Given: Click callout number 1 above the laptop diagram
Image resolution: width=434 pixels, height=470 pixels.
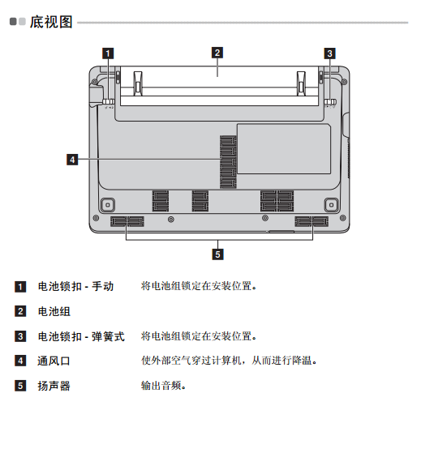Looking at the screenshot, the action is click(108, 53).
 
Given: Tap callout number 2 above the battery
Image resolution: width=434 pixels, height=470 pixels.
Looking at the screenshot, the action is click(217, 53).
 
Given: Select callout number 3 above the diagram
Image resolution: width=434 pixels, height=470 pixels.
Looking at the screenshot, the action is click(329, 53).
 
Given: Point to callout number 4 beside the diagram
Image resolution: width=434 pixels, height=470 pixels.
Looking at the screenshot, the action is click(72, 160).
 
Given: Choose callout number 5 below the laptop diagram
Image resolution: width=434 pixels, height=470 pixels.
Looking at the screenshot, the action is click(217, 254).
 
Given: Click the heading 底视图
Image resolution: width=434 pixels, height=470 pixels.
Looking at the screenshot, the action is click(51, 22).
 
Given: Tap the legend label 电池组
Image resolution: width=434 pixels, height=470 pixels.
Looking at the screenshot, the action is click(54, 311).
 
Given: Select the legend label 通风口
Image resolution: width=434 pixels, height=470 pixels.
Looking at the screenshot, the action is click(54, 361).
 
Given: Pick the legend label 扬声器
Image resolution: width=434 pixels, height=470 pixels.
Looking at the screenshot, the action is click(54, 386).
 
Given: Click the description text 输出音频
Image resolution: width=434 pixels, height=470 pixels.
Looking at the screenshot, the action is click(163, 386).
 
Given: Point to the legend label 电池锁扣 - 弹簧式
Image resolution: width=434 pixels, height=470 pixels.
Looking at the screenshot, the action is click(81, 336).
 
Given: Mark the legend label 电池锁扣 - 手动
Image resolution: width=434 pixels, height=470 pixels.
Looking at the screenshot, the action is click(75, 286).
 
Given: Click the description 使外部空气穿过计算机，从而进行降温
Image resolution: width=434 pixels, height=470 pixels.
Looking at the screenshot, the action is click(229, 361).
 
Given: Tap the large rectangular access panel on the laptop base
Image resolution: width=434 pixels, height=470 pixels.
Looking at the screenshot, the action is click(284, 148).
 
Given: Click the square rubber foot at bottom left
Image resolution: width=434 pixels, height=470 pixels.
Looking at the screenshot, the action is click(108, 205).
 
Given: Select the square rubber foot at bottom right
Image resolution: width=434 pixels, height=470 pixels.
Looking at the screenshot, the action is click(331, 205).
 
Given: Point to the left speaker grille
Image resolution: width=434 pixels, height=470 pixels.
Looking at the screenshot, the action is click(127, 221).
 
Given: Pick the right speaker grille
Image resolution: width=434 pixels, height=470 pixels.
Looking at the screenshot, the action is click(312, 221).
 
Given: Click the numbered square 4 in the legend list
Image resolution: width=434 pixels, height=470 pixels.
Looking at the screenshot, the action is click(20, 361).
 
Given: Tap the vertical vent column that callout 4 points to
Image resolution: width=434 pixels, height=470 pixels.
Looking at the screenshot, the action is click(228, 162).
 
